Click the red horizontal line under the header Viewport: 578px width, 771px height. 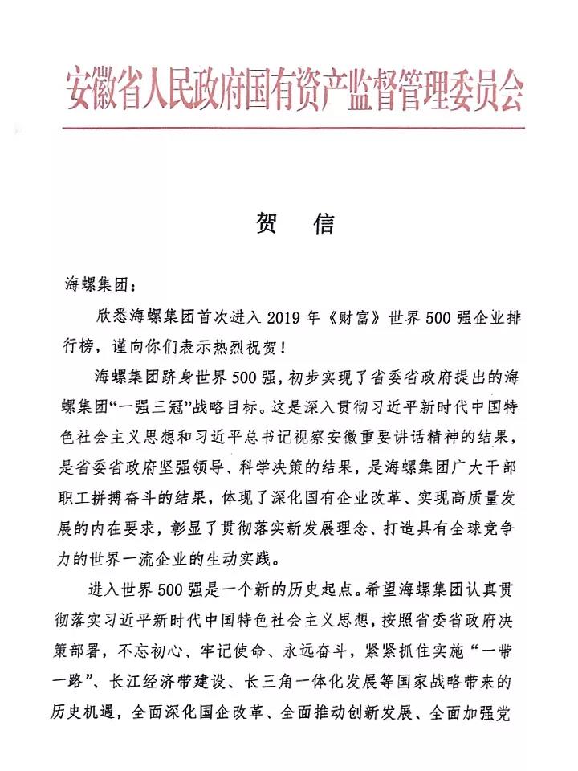pos(294,128)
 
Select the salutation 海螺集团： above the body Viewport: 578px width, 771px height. pos(100,285)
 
